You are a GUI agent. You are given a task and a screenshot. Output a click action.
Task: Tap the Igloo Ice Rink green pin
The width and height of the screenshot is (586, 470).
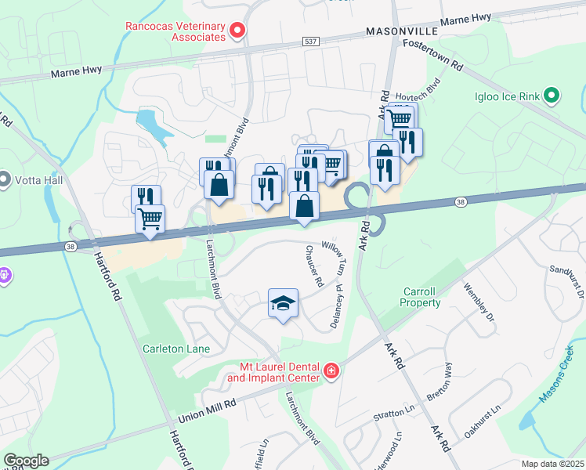click(x=552, y=96)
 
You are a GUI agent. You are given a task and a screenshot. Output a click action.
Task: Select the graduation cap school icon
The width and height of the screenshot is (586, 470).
click(x=283, y=303)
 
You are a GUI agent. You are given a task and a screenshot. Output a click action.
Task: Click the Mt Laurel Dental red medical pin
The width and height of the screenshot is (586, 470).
click(x=331, y=371)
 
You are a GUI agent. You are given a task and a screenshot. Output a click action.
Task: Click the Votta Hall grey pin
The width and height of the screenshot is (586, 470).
click(x=4, y=179)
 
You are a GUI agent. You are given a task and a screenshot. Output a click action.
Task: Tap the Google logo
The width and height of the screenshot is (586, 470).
click(x=26, y=461)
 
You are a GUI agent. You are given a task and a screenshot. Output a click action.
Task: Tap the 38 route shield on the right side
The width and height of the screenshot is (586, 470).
click(x=461, y=202)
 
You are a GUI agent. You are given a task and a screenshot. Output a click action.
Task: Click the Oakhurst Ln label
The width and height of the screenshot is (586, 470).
click(x=481, y=421)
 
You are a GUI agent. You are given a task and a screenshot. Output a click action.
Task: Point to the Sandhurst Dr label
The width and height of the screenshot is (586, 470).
click(x=569, y=283)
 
